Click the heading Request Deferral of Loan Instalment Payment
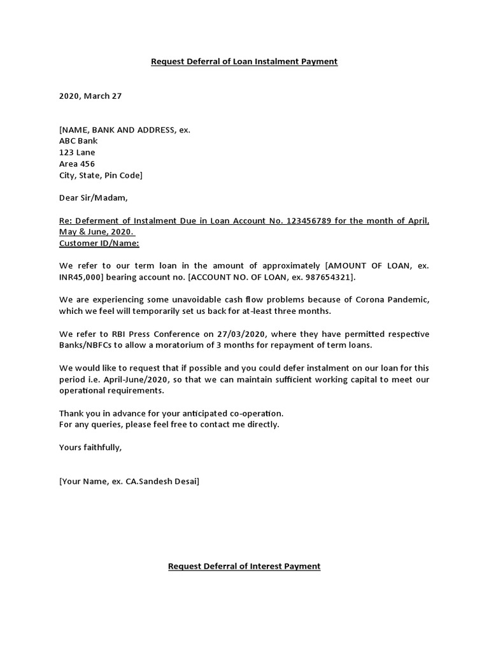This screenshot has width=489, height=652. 244,62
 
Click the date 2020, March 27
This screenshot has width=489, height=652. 90,96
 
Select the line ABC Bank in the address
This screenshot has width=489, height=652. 80,141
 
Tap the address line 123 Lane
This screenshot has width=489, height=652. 77,153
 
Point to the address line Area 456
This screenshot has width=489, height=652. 77,164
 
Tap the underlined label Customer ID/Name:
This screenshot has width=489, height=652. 99,244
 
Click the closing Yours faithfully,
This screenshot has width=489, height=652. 90,448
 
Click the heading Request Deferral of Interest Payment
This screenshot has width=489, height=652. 244,566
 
